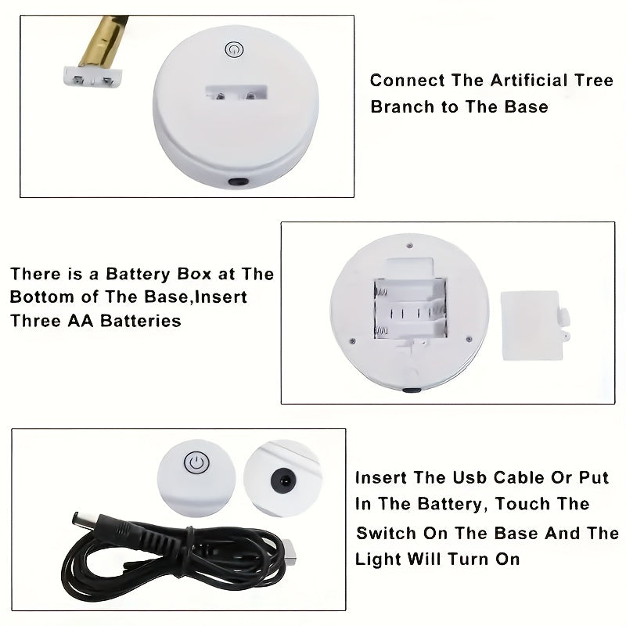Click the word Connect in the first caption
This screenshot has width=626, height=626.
click(402, 81)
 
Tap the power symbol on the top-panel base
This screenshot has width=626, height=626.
click(232, 50)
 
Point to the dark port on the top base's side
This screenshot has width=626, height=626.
click(235, 182)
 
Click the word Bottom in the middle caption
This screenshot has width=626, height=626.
click(41, 297)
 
